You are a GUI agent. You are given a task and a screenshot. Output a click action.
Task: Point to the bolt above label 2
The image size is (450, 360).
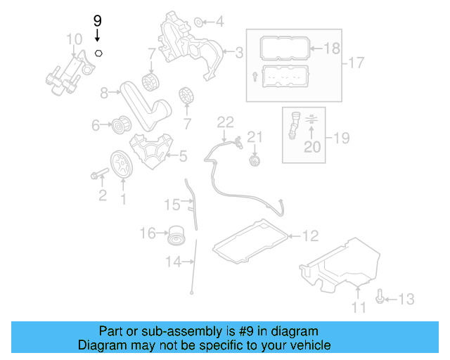[x=98, y=173]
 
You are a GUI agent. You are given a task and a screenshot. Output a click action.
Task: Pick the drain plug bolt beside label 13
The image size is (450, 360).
[x=380, y=298]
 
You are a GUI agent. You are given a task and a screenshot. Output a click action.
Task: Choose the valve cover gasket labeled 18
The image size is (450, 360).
[x=285, y=49]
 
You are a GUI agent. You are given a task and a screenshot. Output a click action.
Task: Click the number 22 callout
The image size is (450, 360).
[x=224, y=122]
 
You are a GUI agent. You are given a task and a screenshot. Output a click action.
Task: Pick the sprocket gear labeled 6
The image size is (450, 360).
[x=119, y=126]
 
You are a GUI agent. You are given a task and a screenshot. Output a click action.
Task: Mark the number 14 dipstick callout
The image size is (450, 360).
[x=173, y=262]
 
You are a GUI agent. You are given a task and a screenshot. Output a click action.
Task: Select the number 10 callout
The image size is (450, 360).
[x=74, y=38]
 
